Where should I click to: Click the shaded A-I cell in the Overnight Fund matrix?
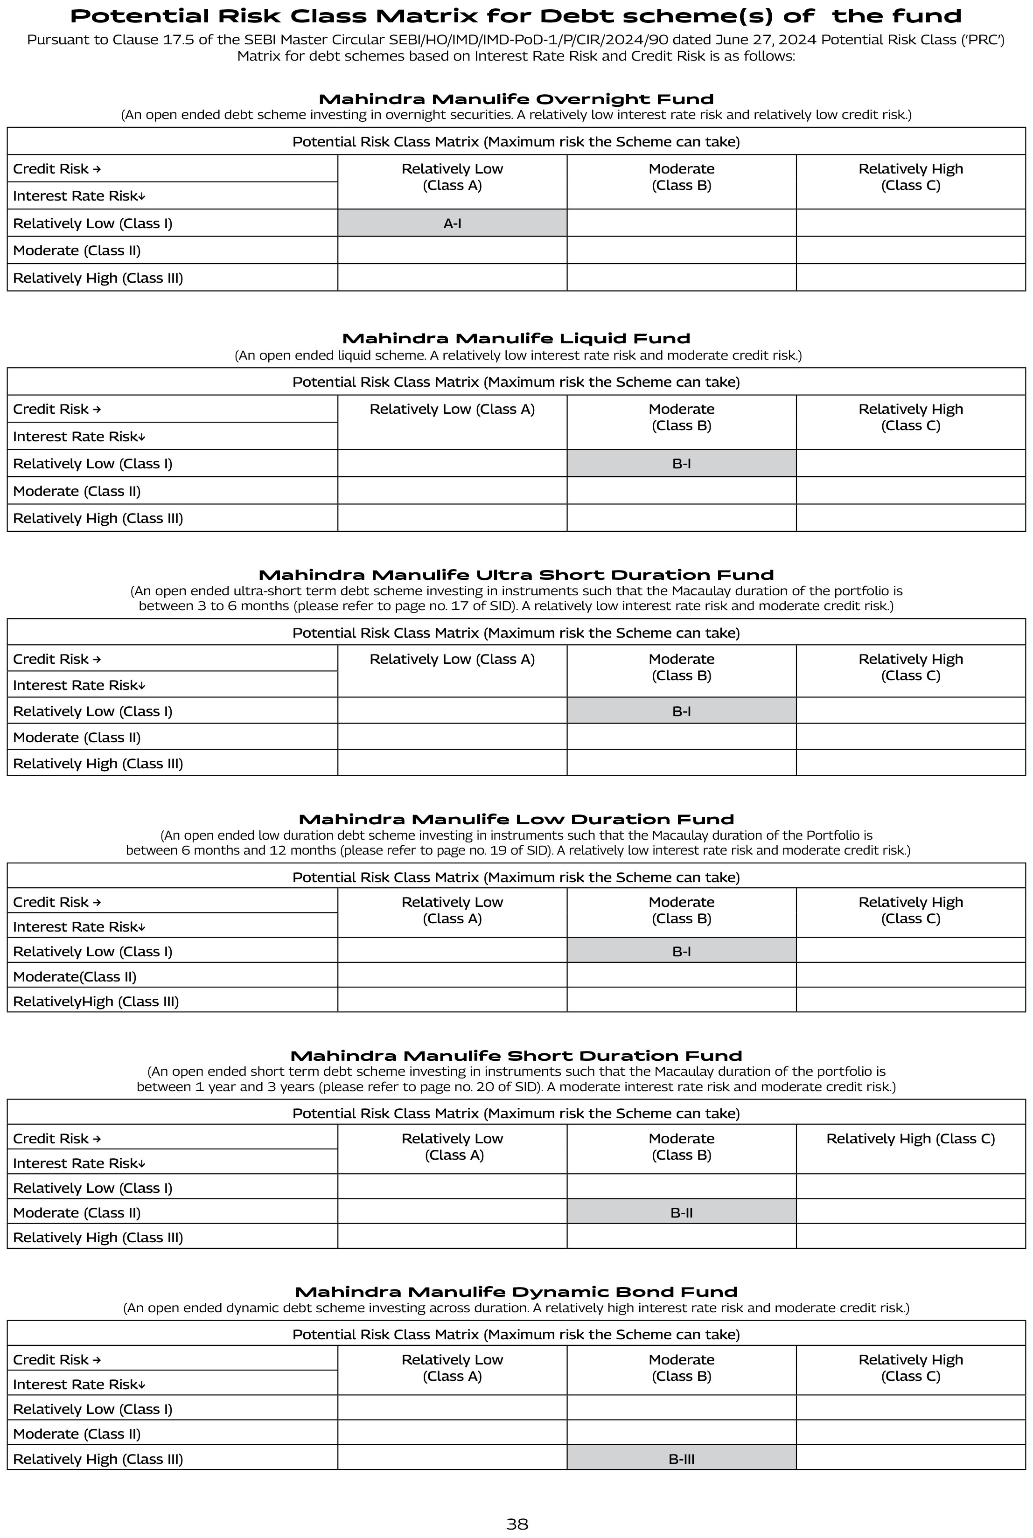pos(452,223)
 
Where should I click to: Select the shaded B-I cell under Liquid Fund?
pos(681,464)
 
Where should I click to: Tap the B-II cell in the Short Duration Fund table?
pos(681,1212)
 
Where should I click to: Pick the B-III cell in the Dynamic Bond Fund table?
pos(681,1459)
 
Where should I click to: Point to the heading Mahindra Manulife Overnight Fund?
pos(516,99)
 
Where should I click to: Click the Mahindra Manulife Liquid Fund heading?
pos(516,339)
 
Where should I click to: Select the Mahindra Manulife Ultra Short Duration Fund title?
pos(516,575)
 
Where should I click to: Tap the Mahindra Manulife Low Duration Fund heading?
pos(516,820)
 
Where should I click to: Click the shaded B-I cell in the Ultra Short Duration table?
pos(681,711)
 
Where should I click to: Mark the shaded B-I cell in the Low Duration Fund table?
pos(681,951)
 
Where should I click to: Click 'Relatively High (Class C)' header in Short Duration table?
pos(910,1139)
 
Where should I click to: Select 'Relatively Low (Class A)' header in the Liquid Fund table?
pos(452,409)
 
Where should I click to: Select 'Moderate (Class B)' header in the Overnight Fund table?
pos(681,176)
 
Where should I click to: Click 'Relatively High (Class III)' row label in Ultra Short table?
pos(98,763)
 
